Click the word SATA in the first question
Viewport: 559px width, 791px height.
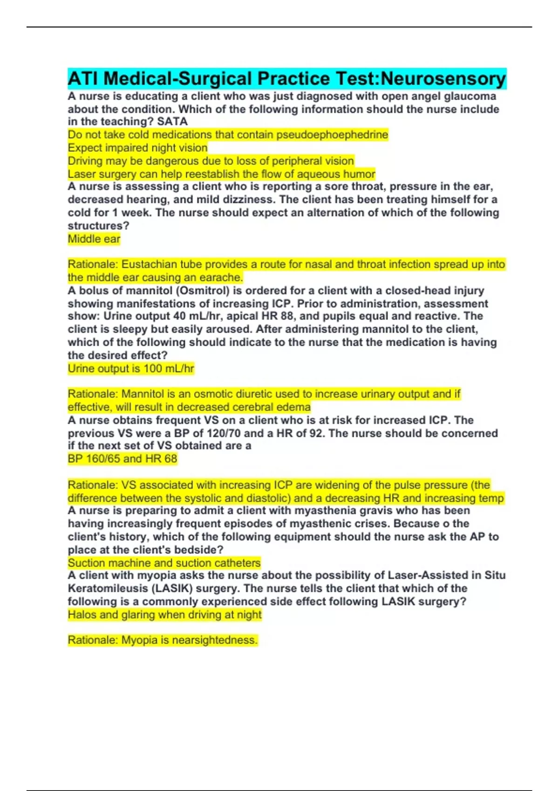[x=172, y=122]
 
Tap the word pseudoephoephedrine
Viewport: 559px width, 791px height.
[x=332, y=135]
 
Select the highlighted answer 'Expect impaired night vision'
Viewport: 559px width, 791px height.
[x=137, y=148]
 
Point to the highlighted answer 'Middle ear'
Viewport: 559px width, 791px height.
[x=94, y=239]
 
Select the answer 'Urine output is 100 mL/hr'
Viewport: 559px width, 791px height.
[x=130, y=369]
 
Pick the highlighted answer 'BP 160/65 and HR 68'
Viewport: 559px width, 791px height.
[x=122, y=459]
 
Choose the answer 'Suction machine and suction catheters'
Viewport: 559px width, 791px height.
[x=164, y=563]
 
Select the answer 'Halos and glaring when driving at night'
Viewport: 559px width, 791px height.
[x=164, y=615]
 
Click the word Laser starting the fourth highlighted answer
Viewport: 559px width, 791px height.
[x=82, y=174]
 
